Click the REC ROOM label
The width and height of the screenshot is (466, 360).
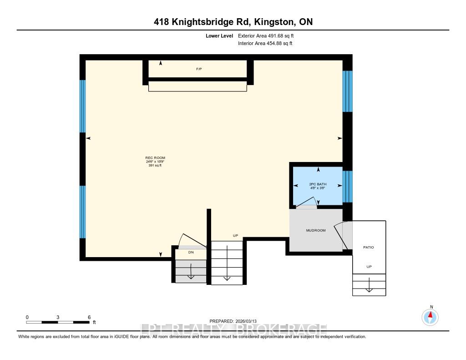152,158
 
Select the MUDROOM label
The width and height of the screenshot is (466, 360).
315,231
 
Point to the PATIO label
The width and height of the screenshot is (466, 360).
368,247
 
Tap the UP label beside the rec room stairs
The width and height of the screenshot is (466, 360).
235,235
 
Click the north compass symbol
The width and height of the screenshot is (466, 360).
430,316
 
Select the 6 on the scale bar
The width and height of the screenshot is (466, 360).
89,317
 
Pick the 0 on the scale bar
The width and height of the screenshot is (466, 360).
27,317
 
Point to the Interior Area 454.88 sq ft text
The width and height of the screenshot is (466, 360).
265,44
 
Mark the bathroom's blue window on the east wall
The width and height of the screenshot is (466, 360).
347,186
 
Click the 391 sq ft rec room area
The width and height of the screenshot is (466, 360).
152,166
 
